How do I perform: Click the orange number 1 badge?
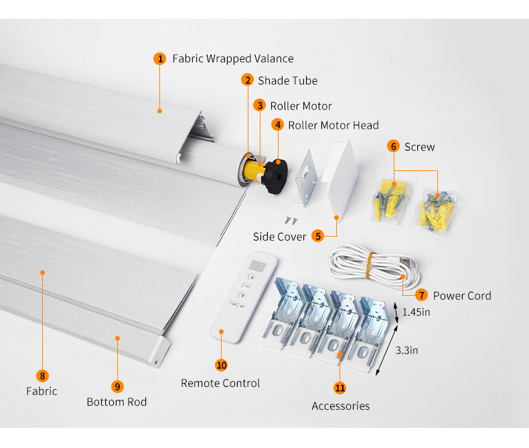pyautogui.click(x=159, y=58)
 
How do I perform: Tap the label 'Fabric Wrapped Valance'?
pyautogui.click(x=232, y=59)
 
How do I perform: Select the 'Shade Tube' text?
pyautogui.click(x=287, y=80)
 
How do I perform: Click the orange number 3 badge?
pyautogui.click(x=260, y=105)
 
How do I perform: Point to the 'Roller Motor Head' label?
pyautogui.click(x=333, y=125)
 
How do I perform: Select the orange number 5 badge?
pyautogui.click(x=317, y=236)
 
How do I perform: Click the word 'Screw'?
pyautogui.click(x=419, y=147)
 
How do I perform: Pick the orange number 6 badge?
pyautogui.click(x=393, y=146)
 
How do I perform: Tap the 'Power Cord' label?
pyautogui.click(x=461, y=296)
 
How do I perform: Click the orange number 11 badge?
pyautogui.click(x=340, y=388)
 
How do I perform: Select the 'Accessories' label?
pyautogui.click(x=340, y=406)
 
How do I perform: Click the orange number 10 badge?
pyautogui.click(x=222, y=365)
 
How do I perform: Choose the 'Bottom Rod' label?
pyautogui.click(x=117, y=402)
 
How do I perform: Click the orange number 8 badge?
pyautogui.click(x=43, y=376)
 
